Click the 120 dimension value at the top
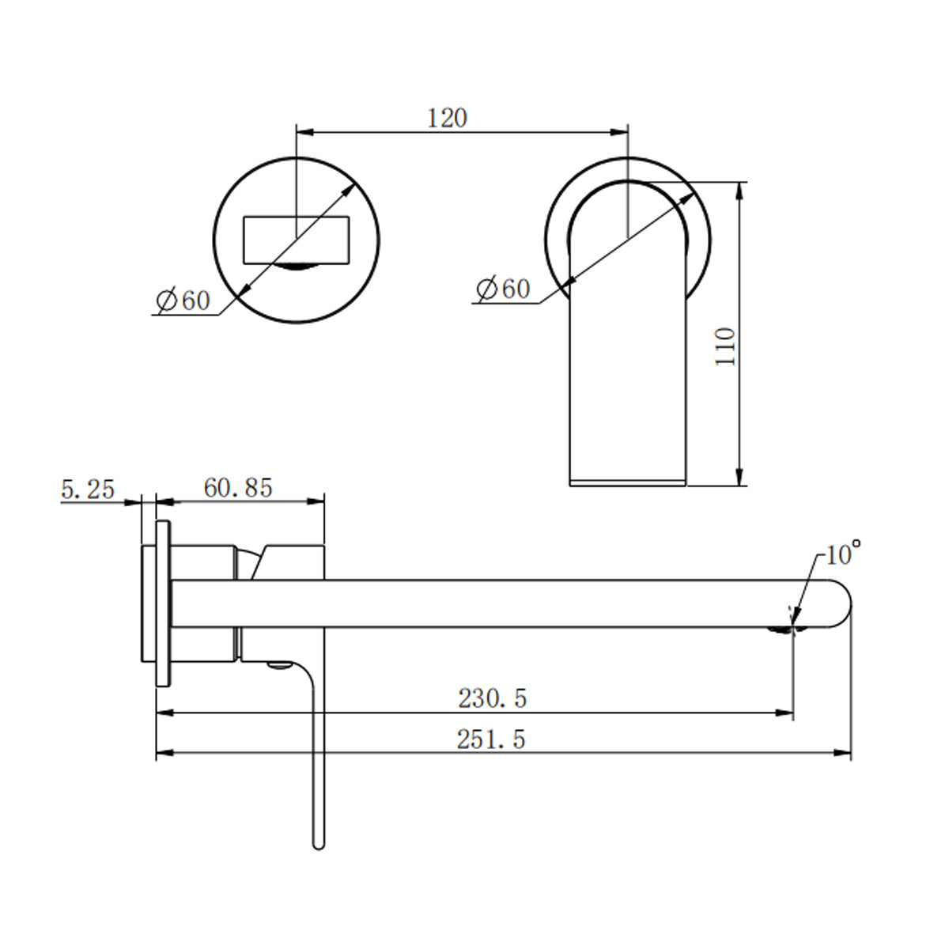click(448, 118)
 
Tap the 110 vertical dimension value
click(725, 346)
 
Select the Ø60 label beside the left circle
click(183, 301)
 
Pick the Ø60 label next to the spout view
click(504, 289)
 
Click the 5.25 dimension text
click(88, 490)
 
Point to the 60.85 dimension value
click(238, 488)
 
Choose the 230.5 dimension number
click(492, 698)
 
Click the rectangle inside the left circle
click(297, 238)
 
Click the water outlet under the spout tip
click(783, 630)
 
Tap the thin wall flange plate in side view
click(163, 605)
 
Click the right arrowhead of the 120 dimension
click(620, 131)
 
